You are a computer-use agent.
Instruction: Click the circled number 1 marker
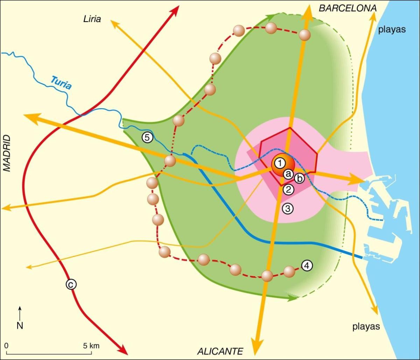[280, 162]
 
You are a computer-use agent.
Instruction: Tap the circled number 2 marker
[288, 189]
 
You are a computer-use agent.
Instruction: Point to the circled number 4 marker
[307, 265]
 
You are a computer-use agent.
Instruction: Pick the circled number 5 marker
[147, 138]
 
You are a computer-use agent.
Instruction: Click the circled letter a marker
[288, 173]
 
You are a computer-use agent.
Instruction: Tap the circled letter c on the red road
[71, 285]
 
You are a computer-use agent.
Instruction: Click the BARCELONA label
[347, 8]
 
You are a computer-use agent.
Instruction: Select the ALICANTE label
[220, 351]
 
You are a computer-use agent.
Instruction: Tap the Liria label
[92, 19]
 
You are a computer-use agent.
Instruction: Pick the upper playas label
[392, 29]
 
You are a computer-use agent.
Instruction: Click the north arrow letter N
[20, 326]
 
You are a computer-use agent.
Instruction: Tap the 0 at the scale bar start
[7, 346]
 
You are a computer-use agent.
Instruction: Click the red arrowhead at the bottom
[122, 349]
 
